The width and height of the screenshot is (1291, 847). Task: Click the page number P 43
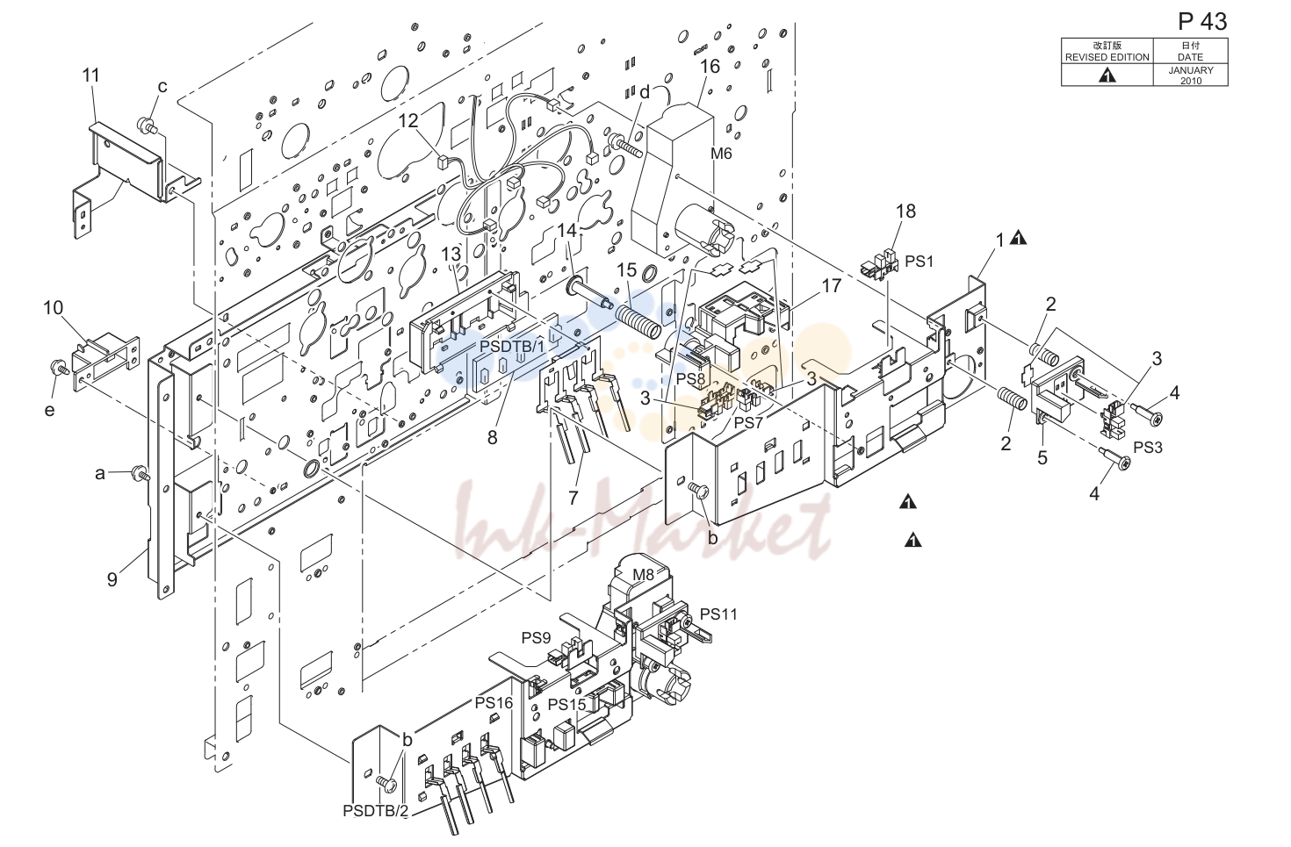(x=1202, y=21)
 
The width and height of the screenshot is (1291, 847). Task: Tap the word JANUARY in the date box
(x=1191, y=70)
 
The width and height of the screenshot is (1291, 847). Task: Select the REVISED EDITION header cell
(x=1107, y=51)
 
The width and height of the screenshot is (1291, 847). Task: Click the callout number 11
(x=91, y=75)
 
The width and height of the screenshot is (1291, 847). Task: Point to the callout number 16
(x=710, y=66)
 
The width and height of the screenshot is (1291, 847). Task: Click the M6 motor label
(x=721, y=154)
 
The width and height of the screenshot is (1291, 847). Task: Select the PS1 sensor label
(x=919, y=261)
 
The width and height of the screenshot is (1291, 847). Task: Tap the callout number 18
(x=905, y=211)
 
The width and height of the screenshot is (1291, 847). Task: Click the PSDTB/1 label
(x=512, y=347)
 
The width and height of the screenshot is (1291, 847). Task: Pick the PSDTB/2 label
(x=376, y=811)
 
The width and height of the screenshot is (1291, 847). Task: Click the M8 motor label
(x=643, y=574)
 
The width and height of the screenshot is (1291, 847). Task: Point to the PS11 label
(x=718, y=614)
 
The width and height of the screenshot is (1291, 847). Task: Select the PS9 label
(x=536, y=638)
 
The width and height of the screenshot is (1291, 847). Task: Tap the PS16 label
(x=494, y=703)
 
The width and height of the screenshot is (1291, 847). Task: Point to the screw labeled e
(x=58, y=367)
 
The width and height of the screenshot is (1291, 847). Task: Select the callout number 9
(x=112, y=579)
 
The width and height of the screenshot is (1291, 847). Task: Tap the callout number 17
(x=832, y=285)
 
